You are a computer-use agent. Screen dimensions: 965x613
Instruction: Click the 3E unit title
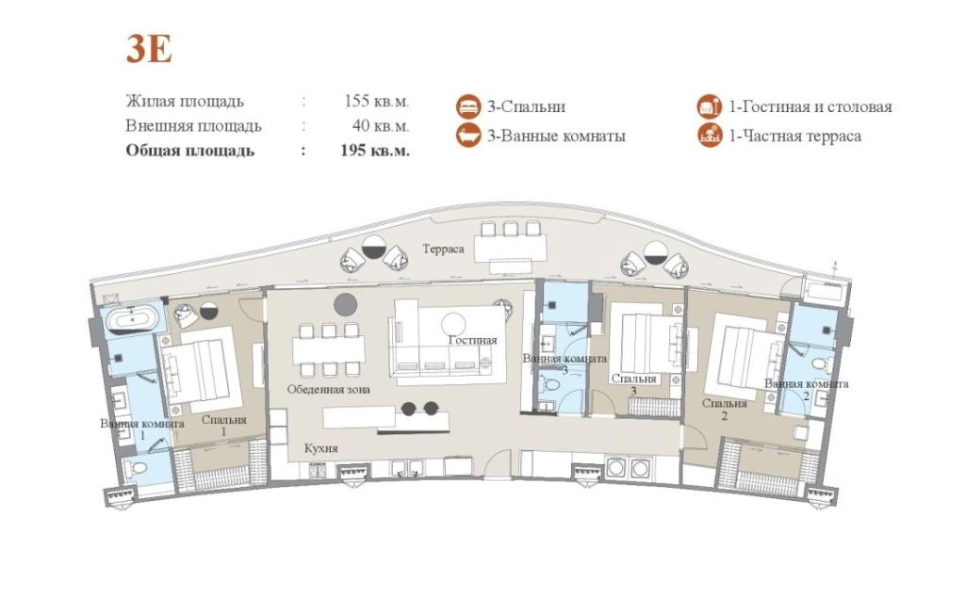tap(149, 48)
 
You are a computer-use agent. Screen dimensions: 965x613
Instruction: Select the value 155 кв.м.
tap(377, 101)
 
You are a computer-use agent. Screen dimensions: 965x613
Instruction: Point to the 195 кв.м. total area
tap(375, 151)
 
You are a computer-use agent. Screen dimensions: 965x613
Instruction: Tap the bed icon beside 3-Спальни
tap(468, 106)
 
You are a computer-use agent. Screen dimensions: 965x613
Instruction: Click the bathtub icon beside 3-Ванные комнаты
tap(468, 136)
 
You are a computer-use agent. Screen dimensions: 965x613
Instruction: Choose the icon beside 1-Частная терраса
tap(710, 136)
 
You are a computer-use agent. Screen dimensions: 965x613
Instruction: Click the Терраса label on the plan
tap(443, 249)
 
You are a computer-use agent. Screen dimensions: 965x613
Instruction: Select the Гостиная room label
tap(473, 340)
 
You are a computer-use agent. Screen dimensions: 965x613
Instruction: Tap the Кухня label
tap(321, 449)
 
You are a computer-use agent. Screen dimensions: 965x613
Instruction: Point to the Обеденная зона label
tap(329, 389)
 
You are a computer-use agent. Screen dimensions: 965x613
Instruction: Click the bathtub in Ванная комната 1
tap(132, 320)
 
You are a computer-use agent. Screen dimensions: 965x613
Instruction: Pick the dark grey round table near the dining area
tap(346, 304)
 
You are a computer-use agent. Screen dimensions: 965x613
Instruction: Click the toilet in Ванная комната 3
tap(551, 386)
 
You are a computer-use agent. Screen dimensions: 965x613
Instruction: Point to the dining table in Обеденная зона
tap(326, 350)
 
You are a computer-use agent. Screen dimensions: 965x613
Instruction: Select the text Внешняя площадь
tap(194, 126)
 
